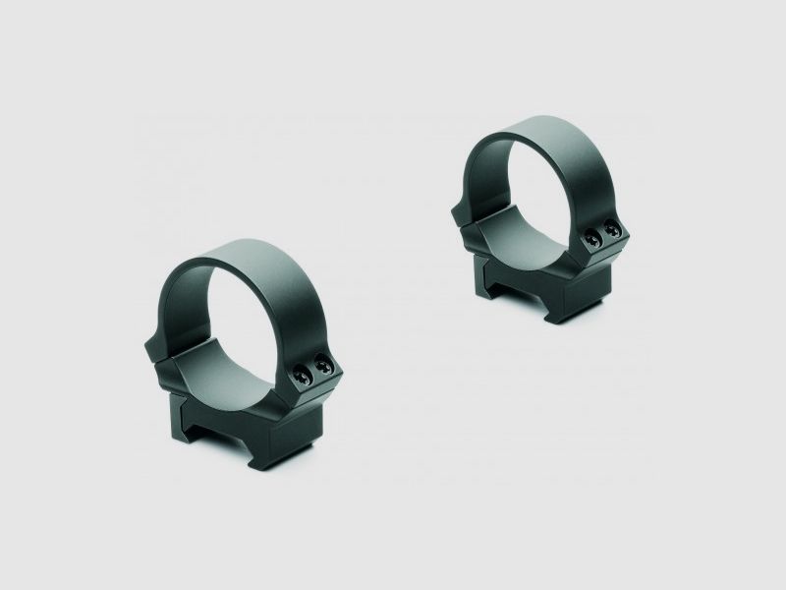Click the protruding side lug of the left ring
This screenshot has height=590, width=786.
tap(154, 345)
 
